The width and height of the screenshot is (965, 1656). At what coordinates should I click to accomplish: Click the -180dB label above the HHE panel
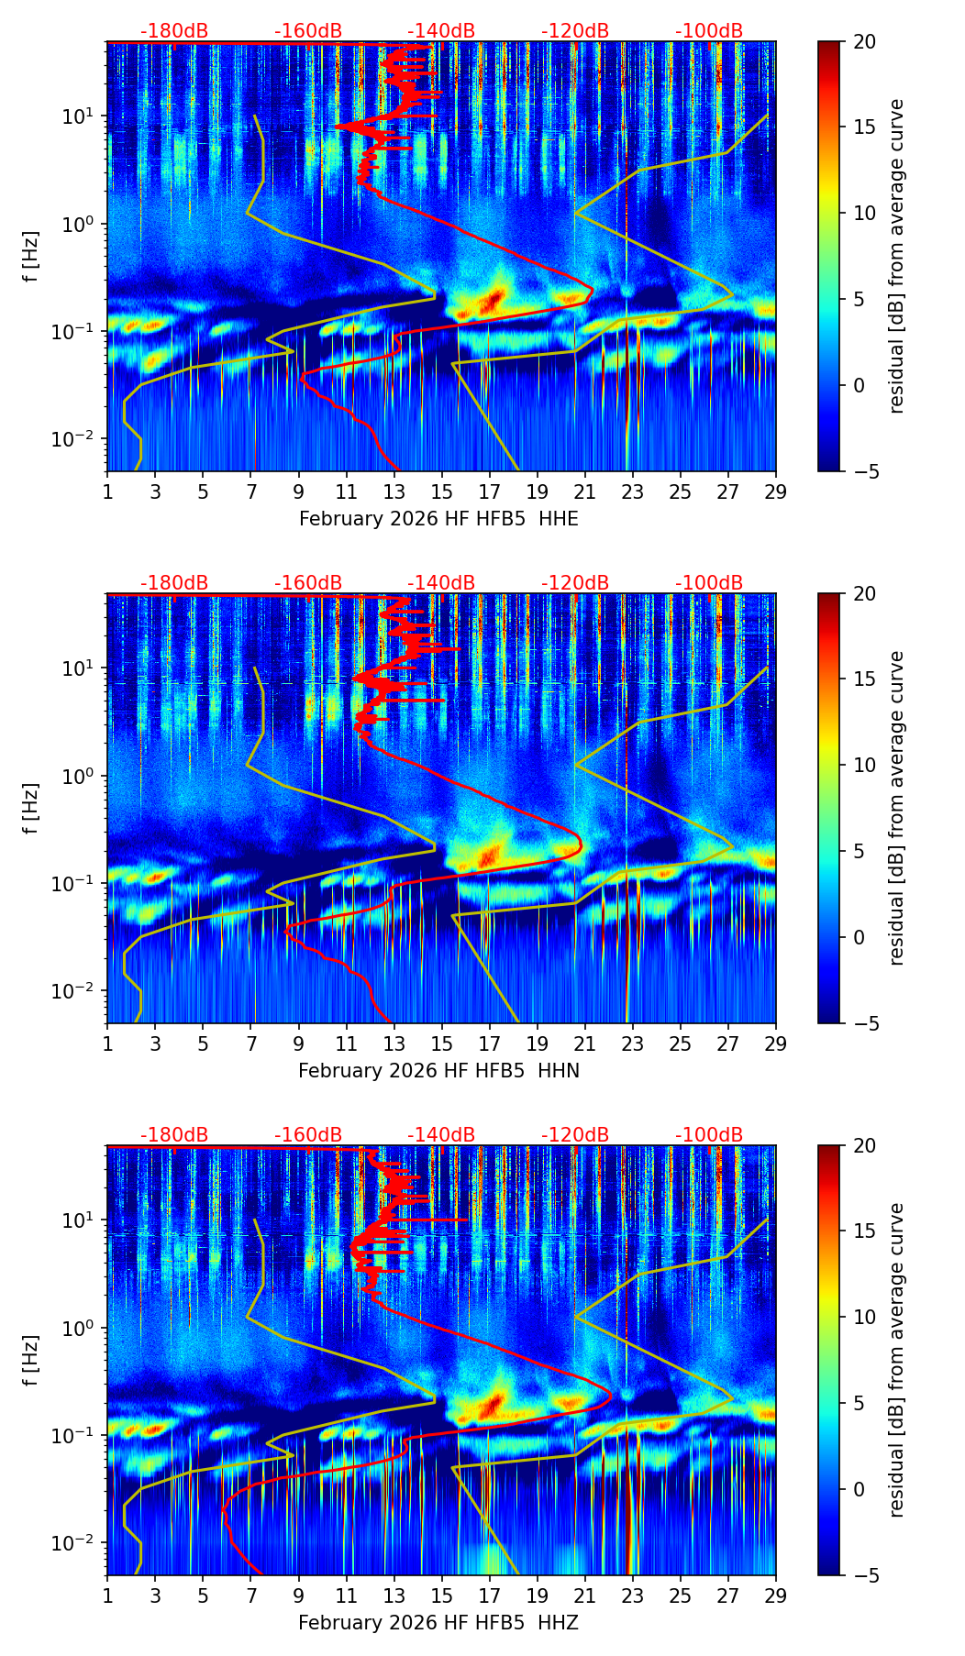click(174, 31)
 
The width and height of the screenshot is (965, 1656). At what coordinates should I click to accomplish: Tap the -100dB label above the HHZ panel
click(709, 1135)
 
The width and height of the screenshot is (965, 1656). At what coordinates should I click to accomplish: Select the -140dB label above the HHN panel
click(441, 583)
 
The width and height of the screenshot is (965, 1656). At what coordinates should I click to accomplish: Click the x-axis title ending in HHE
click(438, 519)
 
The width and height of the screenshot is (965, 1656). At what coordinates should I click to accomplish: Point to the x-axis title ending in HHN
click(438, 1071)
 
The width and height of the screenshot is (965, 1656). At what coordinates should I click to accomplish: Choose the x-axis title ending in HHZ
click(438, 1623)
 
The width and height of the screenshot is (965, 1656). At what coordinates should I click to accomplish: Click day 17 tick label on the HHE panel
click(490, 491)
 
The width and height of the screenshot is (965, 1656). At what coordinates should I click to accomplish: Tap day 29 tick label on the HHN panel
click(776, 1043)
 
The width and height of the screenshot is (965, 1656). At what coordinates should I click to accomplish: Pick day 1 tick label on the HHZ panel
click(107, 1595)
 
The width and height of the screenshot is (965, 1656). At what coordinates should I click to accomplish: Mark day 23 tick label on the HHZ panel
click(633, 1595)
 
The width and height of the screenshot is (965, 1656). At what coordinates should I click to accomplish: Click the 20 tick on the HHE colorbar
click(864, 42)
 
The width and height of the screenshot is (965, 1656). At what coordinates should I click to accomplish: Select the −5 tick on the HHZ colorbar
click(864, 1575)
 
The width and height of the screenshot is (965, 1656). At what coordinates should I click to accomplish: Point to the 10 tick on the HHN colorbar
click(864, 765)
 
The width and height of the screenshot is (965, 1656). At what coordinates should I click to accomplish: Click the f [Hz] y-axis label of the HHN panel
click(31, 808)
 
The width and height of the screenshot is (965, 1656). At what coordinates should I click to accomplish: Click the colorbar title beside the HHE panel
click(896, 256)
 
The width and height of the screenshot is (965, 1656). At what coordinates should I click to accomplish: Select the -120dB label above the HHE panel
click(575, 31)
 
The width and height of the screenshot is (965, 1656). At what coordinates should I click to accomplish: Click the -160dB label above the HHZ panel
click(308, 1135)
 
